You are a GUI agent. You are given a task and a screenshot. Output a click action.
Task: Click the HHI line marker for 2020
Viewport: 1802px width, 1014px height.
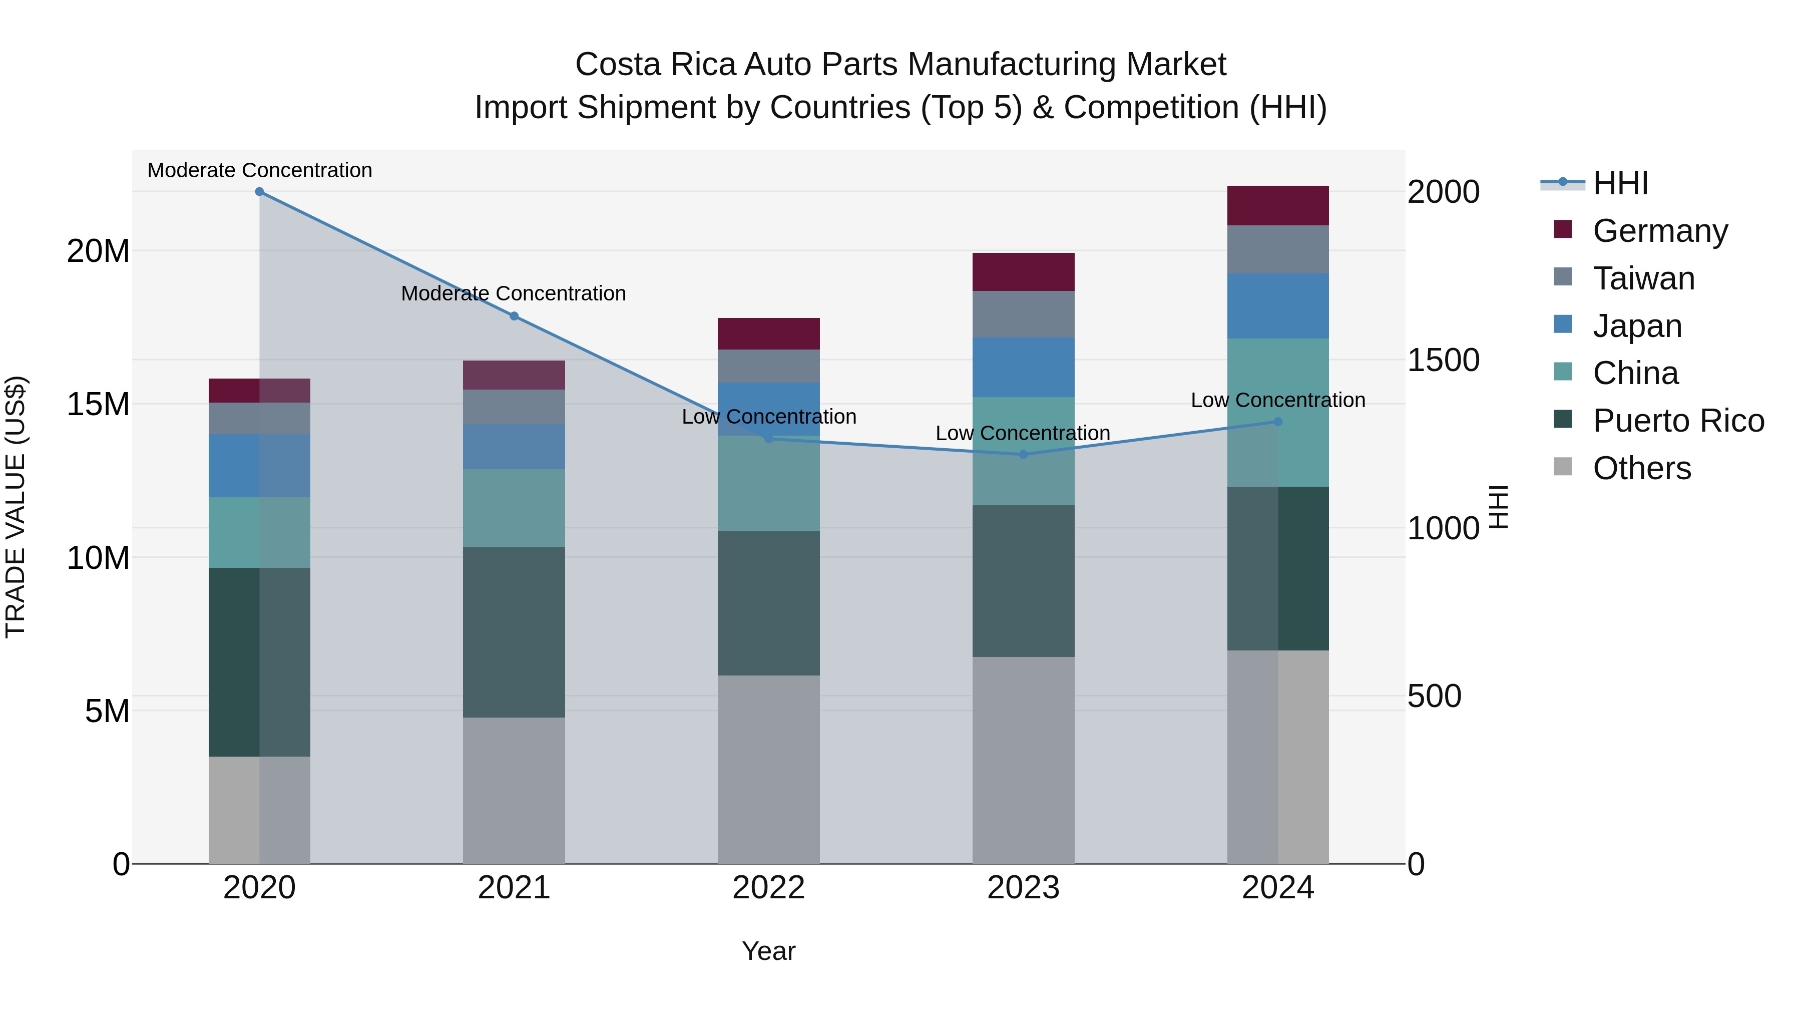(x=259, y=192)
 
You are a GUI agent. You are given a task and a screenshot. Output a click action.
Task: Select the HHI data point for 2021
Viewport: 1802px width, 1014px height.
(x=514, y=316)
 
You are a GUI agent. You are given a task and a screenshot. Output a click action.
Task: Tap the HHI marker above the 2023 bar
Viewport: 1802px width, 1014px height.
(x=1024, y=454)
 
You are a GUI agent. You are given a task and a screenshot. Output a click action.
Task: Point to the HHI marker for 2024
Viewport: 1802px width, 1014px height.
(x=1278, y=421)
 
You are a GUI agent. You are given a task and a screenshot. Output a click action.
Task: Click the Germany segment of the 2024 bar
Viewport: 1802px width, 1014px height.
(x=1278, y=206)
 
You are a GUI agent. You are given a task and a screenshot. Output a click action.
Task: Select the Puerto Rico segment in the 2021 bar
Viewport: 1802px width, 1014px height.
(x=514, y=632)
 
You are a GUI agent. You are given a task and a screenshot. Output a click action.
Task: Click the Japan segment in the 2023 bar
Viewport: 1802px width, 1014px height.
(x=1024, y=368)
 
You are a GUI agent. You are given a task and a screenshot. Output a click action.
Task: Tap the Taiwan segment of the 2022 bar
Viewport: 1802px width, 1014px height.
(x=769, y=366)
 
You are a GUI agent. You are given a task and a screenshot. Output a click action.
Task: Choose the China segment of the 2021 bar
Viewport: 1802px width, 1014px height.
(x=514, y=508)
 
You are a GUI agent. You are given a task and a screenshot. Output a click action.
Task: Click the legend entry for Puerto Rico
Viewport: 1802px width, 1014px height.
(x=1678, y=421)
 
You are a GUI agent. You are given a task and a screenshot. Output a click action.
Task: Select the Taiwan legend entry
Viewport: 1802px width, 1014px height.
(x=1643, y=278)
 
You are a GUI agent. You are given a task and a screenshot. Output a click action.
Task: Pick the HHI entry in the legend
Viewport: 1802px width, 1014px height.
(x=1620, y=183)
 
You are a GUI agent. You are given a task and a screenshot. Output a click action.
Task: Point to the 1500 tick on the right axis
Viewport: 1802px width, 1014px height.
(x=1443, y=361)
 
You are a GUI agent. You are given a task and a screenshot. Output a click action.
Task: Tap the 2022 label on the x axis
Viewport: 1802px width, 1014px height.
(x=769, y=888)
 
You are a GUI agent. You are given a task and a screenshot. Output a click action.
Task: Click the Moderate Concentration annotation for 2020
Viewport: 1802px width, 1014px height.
(x=259, y=171)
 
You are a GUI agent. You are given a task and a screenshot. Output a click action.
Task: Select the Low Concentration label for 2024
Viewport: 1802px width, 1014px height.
(x=1278, y=400)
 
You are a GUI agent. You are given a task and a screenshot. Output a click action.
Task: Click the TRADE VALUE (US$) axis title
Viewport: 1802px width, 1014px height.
(x=16, y=507)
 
